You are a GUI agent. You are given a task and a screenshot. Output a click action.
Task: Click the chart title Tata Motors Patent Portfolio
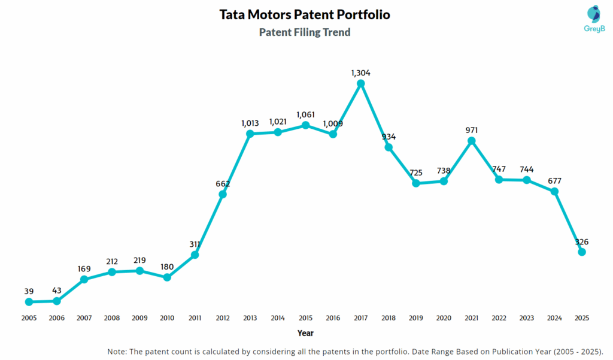tap(305, 14)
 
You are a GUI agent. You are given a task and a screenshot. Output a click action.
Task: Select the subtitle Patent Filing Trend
tap(305, 32)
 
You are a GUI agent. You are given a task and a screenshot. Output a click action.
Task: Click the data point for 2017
tap(360, 83)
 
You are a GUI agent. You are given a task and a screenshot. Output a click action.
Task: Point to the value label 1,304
tap(360, 72)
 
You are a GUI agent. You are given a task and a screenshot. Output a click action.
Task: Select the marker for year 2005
tap(29, 302)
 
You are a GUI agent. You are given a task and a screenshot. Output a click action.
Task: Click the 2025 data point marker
tap(582, 252)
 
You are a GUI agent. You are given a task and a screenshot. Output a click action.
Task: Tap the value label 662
tap(223, 183)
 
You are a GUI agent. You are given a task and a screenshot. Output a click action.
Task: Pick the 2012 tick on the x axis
tap(223, 318)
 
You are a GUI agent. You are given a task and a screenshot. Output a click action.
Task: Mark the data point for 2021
tap(471, 141)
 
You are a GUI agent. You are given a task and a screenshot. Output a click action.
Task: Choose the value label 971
tap(471, 130)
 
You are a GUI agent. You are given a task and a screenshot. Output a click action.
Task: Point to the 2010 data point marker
tap(167, 277)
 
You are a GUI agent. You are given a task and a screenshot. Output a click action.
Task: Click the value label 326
tap(582, 242)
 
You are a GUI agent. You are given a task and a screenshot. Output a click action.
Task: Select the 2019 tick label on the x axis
tap(416, 318)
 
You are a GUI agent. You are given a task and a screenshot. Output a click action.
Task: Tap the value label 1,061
tap(305, 114)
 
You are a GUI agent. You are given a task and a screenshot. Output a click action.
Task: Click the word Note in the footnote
tap(117, 351)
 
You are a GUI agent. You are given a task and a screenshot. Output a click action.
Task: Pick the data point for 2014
tap(278, 132)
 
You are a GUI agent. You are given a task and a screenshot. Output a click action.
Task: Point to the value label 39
tap(29, 291)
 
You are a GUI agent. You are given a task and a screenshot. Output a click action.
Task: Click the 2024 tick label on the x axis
tap(554, 318)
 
